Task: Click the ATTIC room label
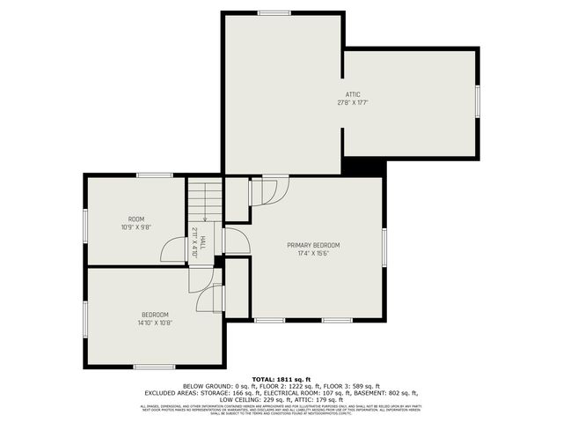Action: pyautogui.click(x=353, y=94)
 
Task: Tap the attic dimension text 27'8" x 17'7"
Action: pyautogui.click(x=353, y=102)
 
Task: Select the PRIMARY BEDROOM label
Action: pyautogui.click(x=313, y=245)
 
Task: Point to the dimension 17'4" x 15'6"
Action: pyautogui.click(x=313, y=253)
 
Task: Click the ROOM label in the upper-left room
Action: pyautogui.click(x=136, y=219)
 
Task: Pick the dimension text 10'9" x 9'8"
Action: pyautogui.click(x=136, y=227)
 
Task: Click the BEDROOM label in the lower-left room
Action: pyautogui.click(x=155, y=315)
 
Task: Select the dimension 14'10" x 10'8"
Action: pyautogui.click(x=155, y=323)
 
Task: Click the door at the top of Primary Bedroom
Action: pyautogui.click(x=269, y=190)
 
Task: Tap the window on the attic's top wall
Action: pyautogui.click(x=274, y=13)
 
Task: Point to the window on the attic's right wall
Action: pyautogui.click(x=477, y=100)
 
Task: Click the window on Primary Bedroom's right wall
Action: pyautogui.click(x=384, y=243)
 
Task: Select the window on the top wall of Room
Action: pyautogui.click(x=154, y=175)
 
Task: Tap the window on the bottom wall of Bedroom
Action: pyautogui.click(x=154, y=366)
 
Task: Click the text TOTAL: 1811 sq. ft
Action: pyautogui.click(x=281, y=379)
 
